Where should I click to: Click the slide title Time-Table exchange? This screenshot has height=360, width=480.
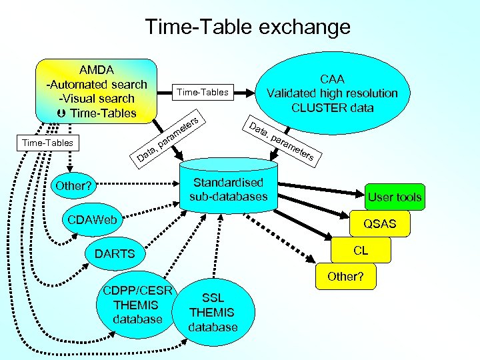(247, 27)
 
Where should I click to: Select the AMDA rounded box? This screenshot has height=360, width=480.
(96, 91)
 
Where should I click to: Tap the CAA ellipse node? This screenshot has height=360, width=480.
(331, 93)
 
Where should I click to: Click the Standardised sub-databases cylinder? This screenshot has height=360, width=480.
(228, 189)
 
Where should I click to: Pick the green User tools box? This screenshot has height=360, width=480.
(395, 197)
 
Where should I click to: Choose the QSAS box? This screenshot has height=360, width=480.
(379, 224)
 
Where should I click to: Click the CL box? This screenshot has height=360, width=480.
(360, 251)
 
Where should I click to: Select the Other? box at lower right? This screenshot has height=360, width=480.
(345, 276)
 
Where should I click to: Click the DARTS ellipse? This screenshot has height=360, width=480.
(115, 253)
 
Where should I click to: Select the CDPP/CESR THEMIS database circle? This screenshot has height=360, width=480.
(138, 305)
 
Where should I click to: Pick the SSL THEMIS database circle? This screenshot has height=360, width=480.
(213, 313)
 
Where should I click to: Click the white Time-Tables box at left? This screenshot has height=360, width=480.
(47, 143)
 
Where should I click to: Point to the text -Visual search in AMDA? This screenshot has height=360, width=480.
(97, 99)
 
